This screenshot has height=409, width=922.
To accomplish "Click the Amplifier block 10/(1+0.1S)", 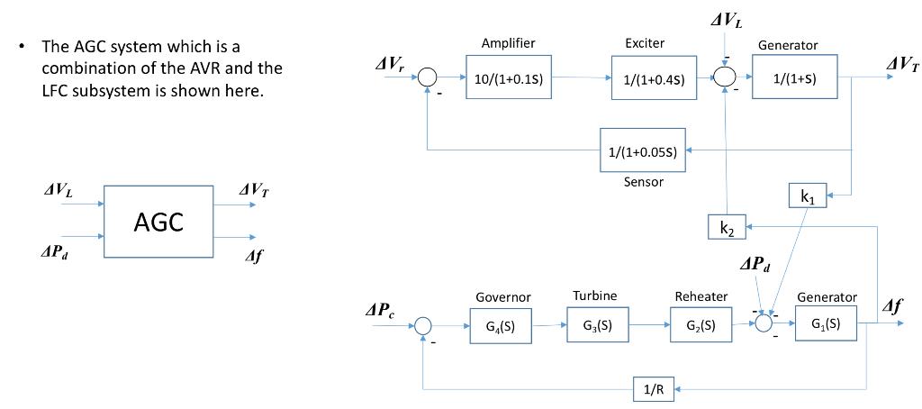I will click(x=508, y=78).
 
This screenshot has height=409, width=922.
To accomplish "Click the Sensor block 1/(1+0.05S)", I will click(x=643, y=151).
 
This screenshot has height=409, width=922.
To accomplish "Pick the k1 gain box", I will click(x=808, y=196).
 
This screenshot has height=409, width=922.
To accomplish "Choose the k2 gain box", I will click(x=727, y=229).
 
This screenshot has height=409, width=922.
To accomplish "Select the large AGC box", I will click(x=158, y=222).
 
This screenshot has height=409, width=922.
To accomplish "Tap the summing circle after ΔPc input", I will click(x=422, y=325).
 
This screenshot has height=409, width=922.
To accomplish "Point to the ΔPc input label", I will click(x=378, y=311).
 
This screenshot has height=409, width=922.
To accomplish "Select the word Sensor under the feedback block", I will click(x=643, y=182).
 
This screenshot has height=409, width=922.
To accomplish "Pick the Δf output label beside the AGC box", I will click(x=254, y=256).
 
